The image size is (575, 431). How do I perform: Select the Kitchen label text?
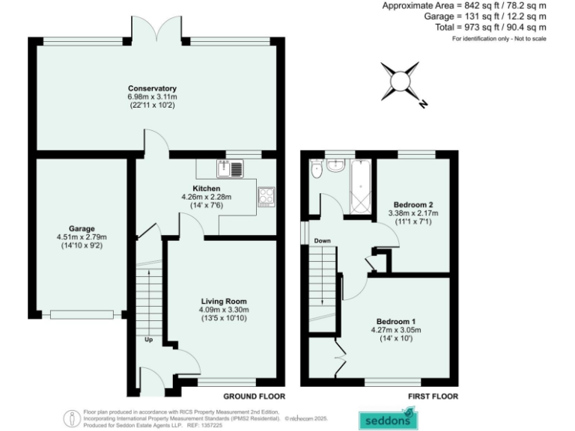[x=207, y=188]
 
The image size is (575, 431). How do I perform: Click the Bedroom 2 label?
[x=413, y=204]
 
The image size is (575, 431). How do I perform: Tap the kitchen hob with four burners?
[x=267, y=196]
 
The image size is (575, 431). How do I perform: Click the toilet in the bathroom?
[x=317, y=171]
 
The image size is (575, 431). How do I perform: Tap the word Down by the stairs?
[x=323, y=240]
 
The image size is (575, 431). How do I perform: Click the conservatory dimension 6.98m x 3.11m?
[x=151, y=97]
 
